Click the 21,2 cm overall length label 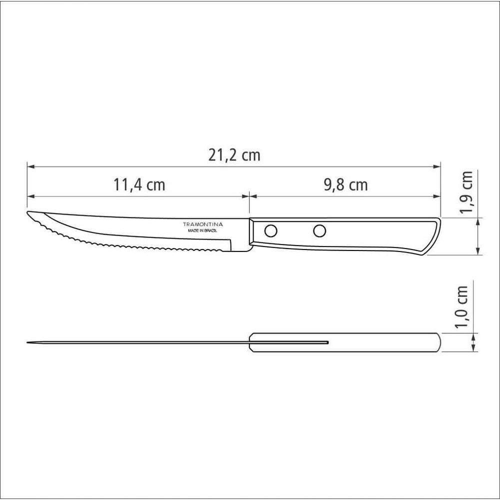[234, 155]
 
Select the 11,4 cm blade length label [139, 184]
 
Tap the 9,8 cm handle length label [345, 184]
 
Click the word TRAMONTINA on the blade [203, 224]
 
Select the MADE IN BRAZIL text [202, 230]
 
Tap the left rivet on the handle [270, 231]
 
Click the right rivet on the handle [319, 231]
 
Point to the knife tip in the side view [27, 212]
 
